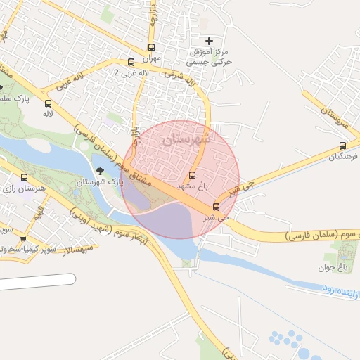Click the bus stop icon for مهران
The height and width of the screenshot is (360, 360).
click(151, 48)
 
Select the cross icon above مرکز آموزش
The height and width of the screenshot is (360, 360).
click(208, 41)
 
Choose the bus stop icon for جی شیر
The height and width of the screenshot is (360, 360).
click(216, 207)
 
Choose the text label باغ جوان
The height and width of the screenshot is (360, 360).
click(342, 268)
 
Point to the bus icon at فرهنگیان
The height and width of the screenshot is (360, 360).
click(342, 146)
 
